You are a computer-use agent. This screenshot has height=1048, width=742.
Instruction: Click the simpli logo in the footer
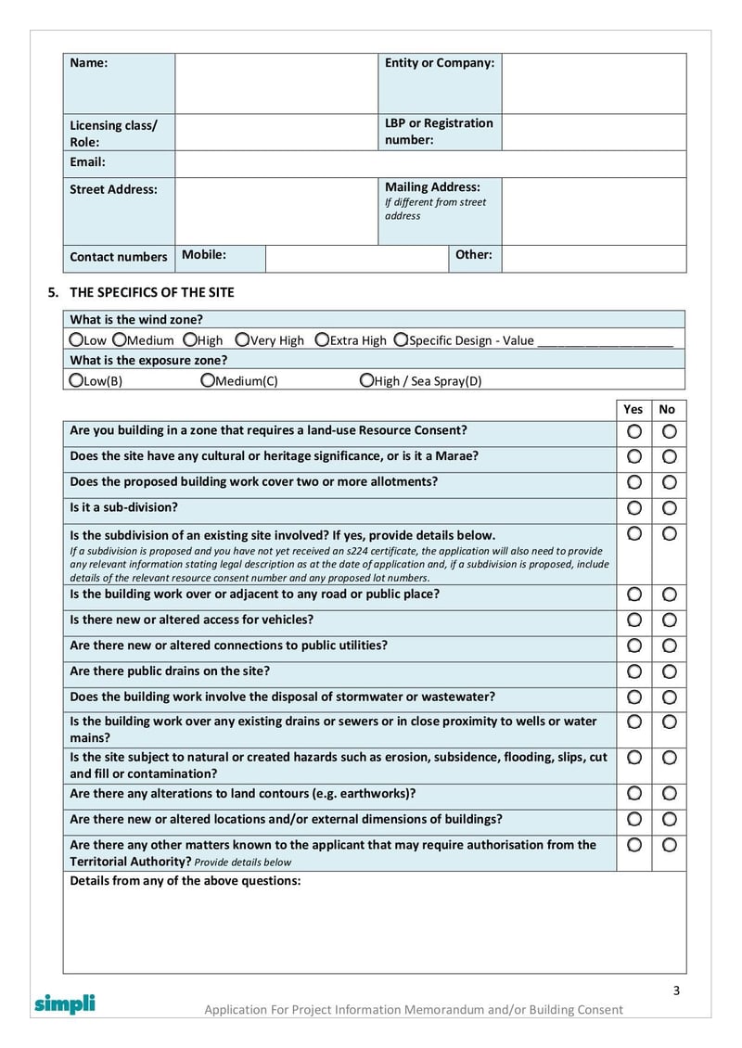65,1003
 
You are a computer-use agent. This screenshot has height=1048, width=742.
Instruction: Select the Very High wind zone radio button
242,340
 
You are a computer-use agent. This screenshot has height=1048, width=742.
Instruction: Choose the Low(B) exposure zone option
77,380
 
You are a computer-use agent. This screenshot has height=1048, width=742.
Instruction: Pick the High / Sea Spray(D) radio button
366,380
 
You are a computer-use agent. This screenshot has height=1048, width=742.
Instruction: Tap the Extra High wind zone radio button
322,340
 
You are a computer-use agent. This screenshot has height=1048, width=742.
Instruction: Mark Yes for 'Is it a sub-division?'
634,508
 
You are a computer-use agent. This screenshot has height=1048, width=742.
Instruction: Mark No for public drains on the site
669,671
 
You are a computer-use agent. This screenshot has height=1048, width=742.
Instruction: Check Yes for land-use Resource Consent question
634,431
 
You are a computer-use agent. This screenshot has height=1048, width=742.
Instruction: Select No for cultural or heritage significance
669,457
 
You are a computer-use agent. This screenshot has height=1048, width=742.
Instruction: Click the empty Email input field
430,164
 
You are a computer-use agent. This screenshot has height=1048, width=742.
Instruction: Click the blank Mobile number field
356,259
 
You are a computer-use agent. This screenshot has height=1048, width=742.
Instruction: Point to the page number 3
676,990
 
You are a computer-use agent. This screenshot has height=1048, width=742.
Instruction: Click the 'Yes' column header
633,409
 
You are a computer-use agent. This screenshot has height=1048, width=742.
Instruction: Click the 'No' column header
668,409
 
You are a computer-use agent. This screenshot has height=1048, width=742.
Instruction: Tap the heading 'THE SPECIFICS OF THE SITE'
152,292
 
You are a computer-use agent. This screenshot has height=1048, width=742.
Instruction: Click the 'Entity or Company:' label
439,63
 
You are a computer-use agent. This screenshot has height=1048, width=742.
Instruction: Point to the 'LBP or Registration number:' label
439,132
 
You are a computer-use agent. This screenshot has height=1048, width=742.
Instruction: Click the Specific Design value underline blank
605,341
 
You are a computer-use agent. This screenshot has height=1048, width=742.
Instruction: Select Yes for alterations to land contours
634,794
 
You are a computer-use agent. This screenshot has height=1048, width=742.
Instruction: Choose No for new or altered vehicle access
669,620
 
